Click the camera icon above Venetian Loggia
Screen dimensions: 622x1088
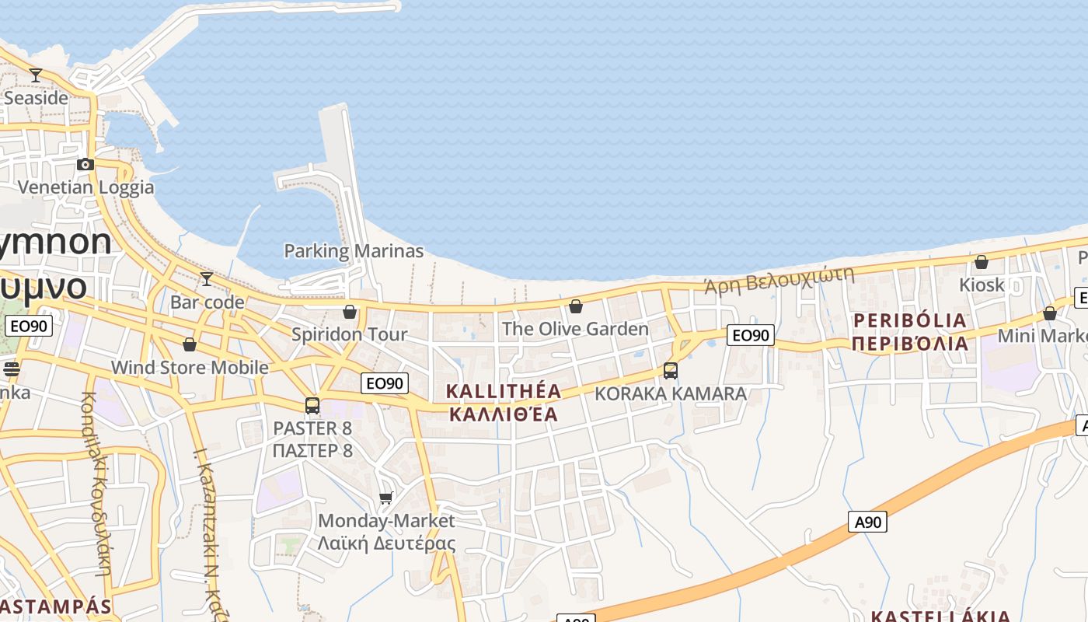pos(85,164)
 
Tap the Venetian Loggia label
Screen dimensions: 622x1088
pos(85,187)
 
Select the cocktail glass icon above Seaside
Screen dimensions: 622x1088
pos(36,75)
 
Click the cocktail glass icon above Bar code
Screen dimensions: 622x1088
pos(207,279)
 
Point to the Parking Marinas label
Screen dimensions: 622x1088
pos(354,251)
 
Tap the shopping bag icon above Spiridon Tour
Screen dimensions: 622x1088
pos(350,312)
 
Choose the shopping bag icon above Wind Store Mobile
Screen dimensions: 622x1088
pos(190,344)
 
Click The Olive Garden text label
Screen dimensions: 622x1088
pos(575,329)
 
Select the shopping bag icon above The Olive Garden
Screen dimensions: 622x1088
pos(576,306)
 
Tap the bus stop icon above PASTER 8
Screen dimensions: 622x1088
pos(312,405)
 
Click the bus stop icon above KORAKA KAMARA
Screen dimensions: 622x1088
pos(671,371)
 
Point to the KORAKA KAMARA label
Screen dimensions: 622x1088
pos(671,393)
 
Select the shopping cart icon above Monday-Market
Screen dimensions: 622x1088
pos(386,498)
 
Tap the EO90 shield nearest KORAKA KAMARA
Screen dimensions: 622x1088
pos(751,335)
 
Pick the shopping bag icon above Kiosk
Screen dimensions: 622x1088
pos(982,262)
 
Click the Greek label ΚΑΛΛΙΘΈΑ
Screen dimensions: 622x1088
pos(504,414)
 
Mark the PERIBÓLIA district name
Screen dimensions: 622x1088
pos(910,320)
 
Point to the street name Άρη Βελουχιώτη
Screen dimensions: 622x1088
pos(779,279)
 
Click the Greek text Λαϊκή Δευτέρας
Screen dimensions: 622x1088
pos(386,543)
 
